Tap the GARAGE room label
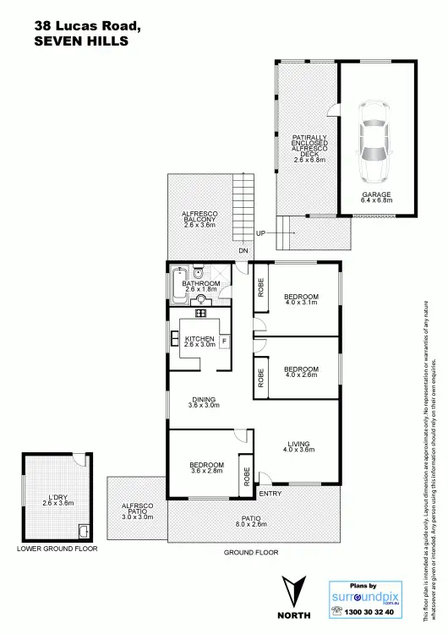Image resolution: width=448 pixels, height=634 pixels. (376, 194)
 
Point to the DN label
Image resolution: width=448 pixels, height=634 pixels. (243, 251)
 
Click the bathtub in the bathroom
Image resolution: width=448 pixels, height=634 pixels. (178, 286)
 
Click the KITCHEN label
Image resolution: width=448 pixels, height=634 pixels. (200, 340)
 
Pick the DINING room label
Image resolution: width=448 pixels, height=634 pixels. (203, 400)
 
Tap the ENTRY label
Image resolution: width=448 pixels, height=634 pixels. (270, 493)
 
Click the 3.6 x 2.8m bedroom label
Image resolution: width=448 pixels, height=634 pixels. (207, 468)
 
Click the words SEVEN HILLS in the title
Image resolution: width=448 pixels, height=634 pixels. (81, 40)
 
